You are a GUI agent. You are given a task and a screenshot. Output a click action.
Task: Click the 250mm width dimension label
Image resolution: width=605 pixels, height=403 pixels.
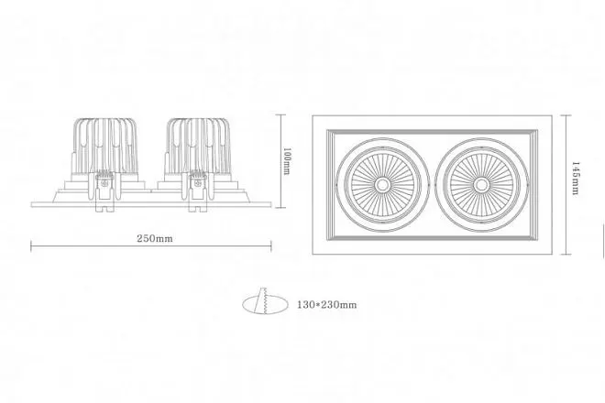pyautogui.click(x=155, y=238)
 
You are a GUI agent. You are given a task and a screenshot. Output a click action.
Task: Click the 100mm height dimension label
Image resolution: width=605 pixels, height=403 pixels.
pyautogui.click(x=287, y=161)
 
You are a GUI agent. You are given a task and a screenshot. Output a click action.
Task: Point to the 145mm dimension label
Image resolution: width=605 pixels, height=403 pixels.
pyautogui.click(x=575, y=179)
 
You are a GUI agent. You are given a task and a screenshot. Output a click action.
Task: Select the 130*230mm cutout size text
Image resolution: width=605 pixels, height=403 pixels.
pyautogui.click(x=327, y=305)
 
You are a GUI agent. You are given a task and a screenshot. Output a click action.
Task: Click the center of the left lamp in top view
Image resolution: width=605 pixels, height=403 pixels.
pyautogui.click(x=382, y=185)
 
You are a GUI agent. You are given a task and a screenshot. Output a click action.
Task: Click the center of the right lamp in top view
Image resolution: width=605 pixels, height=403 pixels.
pyautogui.click(x=481, y=185)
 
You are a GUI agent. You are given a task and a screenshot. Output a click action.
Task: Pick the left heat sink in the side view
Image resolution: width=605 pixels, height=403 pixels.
pyautogui.click(x=105, y=146)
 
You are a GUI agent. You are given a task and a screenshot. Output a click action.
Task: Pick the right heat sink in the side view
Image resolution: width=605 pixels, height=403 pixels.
pyautogui.click(x=199, y=146)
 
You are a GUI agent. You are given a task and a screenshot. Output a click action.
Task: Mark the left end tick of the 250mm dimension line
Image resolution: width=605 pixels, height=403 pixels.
pyautogui.click(x=31, y=246)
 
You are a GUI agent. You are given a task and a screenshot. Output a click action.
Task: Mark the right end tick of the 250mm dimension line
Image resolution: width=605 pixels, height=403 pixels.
pyautogui.click(x=271, y=246)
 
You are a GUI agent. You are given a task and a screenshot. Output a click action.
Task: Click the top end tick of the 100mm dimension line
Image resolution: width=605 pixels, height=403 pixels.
pyautogui.click(x=280, y=114)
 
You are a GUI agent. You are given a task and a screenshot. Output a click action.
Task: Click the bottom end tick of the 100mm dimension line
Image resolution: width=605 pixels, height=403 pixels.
pyautogui.click(x=280, y=208)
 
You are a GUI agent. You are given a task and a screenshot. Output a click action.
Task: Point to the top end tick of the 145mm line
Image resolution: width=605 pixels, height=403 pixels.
pyautogui.click(x=566, y=114)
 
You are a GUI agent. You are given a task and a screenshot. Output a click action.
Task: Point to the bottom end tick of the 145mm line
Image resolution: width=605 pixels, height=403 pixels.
pyautogui.click(x=566, y=254)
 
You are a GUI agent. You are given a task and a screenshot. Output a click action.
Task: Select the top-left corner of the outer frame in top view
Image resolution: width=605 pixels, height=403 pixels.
pyautogui.click(x=313, y=115)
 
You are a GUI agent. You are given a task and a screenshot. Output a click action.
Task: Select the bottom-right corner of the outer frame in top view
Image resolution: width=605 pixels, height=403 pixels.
pyautogui.click(x=552, y=254)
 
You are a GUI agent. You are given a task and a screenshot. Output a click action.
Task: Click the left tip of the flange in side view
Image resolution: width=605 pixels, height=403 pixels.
pyautogui.click(x=31, y=204)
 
